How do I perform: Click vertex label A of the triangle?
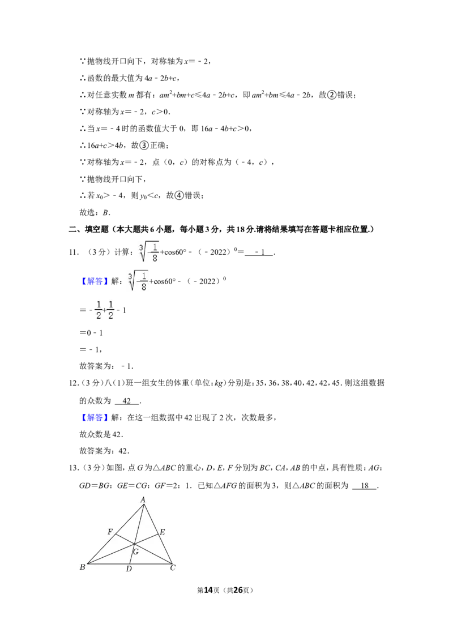click(143, 499)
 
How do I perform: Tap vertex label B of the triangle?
click(83, 567)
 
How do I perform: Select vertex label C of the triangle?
click(173, 568)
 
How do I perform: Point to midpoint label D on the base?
click(129, 569)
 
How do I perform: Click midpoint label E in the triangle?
click(163, 532)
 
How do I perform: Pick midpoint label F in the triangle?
click(110, 532)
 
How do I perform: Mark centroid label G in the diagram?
click(136, 552)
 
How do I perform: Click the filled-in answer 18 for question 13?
click(365, 486)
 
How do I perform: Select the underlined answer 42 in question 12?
click(127, 401)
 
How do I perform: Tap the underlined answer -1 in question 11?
click(259, 252)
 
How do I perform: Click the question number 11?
click(74, 252)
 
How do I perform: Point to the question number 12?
click(74, 383)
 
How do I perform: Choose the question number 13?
click(74, 468)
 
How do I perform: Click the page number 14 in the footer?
click(208, 590)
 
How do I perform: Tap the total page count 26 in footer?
click(238, 590)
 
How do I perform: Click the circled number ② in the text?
click(332, 95)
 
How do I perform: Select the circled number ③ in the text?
click(144, 145)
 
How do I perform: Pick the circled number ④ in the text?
click(179, 195)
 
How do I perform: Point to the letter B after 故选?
click(105, 212)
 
